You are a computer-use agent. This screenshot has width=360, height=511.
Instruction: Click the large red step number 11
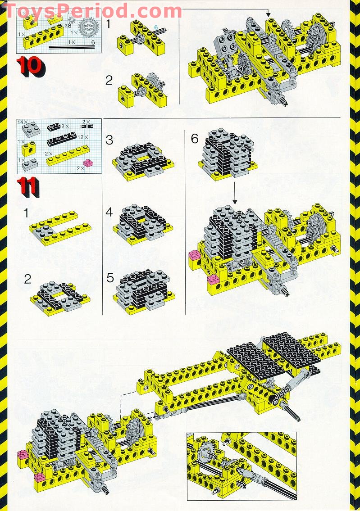[28, 187]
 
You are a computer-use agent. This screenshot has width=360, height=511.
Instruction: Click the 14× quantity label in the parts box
[22, 122]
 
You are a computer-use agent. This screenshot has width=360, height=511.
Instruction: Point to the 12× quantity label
[82, 137]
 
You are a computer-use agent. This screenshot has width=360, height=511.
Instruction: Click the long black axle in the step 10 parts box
[70, 46]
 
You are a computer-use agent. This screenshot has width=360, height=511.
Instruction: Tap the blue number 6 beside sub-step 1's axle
[156, 27]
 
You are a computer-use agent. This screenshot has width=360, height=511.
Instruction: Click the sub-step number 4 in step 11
[109, 212]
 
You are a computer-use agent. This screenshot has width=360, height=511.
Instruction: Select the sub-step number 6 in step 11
[194, 138]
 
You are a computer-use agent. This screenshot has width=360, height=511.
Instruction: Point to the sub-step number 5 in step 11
[110, 278]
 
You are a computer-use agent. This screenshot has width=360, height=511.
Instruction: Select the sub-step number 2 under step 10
[109, 81]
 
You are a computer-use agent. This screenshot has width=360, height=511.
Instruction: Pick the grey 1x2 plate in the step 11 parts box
[30, 164]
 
